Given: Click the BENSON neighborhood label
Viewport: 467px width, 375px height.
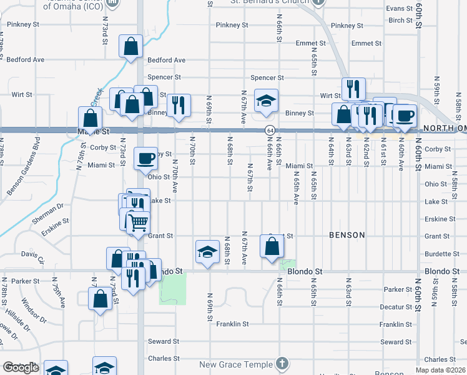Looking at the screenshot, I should point(347,235).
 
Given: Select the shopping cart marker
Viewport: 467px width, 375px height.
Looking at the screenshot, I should point(138,222).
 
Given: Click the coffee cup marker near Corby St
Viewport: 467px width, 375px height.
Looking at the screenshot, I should point(145,159).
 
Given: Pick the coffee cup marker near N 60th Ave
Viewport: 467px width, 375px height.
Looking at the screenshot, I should point(405,116).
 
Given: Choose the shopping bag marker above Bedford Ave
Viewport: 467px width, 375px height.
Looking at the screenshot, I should point(131,46).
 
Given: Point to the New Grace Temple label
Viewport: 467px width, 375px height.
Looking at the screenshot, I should point(236,364).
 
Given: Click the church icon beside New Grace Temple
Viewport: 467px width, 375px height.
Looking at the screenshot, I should point(282,363).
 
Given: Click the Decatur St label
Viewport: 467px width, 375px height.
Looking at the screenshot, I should point(396,307).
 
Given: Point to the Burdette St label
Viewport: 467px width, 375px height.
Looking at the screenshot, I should point(442,254).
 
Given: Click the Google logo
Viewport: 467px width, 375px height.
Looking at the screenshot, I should point(20,367).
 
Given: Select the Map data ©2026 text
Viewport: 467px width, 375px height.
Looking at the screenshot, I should point(441,370).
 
